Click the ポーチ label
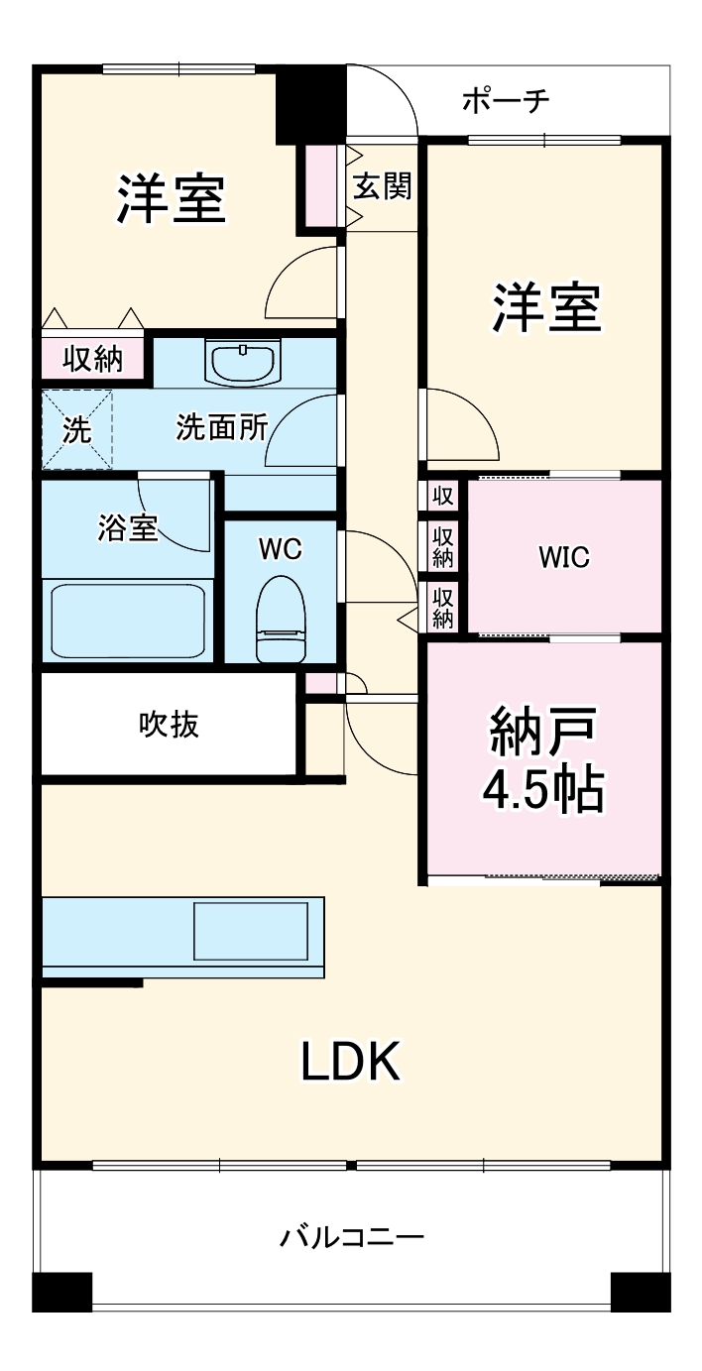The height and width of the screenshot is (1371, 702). pyautogui.click(x=506, y=101)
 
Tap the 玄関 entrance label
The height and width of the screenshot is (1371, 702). pyautogui.click(x=383, y=185)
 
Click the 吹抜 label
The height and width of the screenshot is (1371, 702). pyautogui.click(x=168, y=725)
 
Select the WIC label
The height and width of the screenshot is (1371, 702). pyautogui.click(x=563, y=557)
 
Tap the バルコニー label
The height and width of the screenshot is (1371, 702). pyautogui.click(x=352, y=1237)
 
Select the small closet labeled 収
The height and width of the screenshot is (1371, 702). pyautogui.click(x=442, y=494)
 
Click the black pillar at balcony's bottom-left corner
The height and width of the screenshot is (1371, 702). pyautogui.click(x=61, y=1291)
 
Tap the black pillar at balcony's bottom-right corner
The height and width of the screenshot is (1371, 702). pyautogui.click(x=641, y=1291)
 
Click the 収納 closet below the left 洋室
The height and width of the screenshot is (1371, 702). pyautogui.click(x=93, y=359)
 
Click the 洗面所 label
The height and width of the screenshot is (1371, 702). pyautogui.click(x=221, y=427)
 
